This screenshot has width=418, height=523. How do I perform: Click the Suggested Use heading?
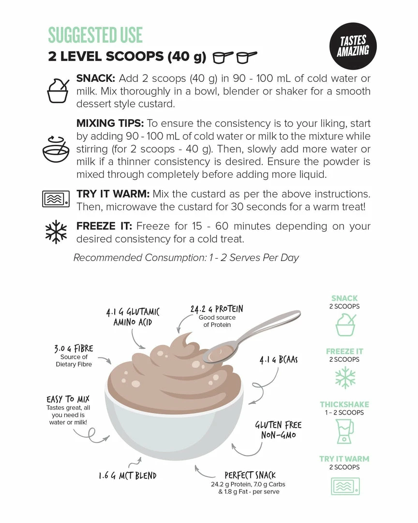coord(95,35)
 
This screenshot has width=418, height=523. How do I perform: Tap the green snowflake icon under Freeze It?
coord(345,378)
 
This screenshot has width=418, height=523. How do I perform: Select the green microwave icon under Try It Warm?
coord(345,486)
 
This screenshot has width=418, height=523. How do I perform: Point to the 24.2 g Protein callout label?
coord(217,308)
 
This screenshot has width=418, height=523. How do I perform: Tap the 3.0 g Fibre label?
coord(74,349)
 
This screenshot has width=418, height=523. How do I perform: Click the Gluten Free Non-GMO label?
coord(278,430)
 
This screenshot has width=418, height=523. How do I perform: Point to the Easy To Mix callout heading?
coord(68,399)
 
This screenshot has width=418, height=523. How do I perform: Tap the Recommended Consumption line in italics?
coord(186,258)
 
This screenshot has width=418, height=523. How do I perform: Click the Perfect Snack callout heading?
coord(250,475)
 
